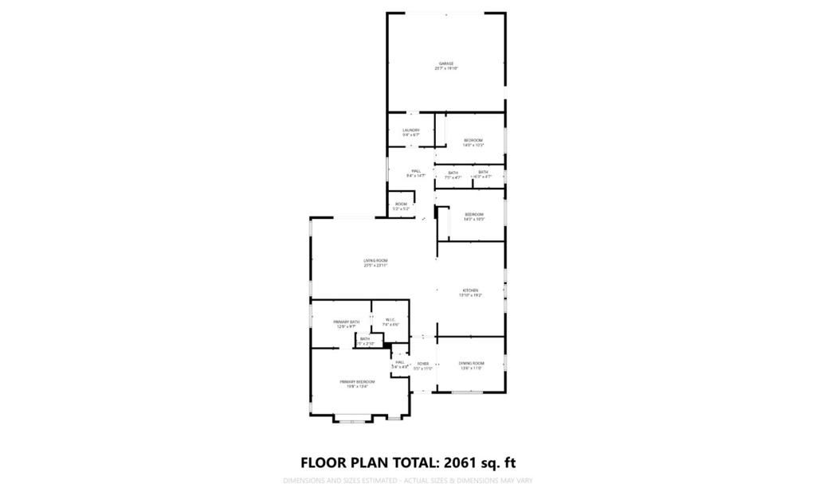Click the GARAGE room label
(446, 64)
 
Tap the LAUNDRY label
(411, 130)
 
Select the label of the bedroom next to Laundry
(473, 140)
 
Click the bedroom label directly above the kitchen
(474, 214)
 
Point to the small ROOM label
(401, 205)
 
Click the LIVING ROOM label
(375, 261)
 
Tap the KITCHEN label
(470, 290)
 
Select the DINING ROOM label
(472, 363)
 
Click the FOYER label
(423, 364)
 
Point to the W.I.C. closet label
(390, 320)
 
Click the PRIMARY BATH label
(347, 322)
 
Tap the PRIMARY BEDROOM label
(357, 382)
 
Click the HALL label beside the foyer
(400, 362)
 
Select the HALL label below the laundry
(416, 170)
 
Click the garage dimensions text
(446, 69)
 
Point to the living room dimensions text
(375, 266)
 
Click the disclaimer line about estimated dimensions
(407, 481)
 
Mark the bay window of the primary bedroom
(353, 419)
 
